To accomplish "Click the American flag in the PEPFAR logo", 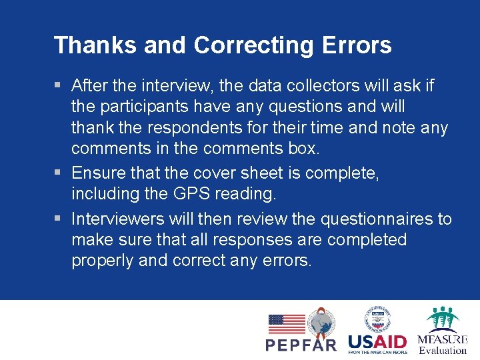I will click(286, 324).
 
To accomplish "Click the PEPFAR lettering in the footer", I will click(301, 345).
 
